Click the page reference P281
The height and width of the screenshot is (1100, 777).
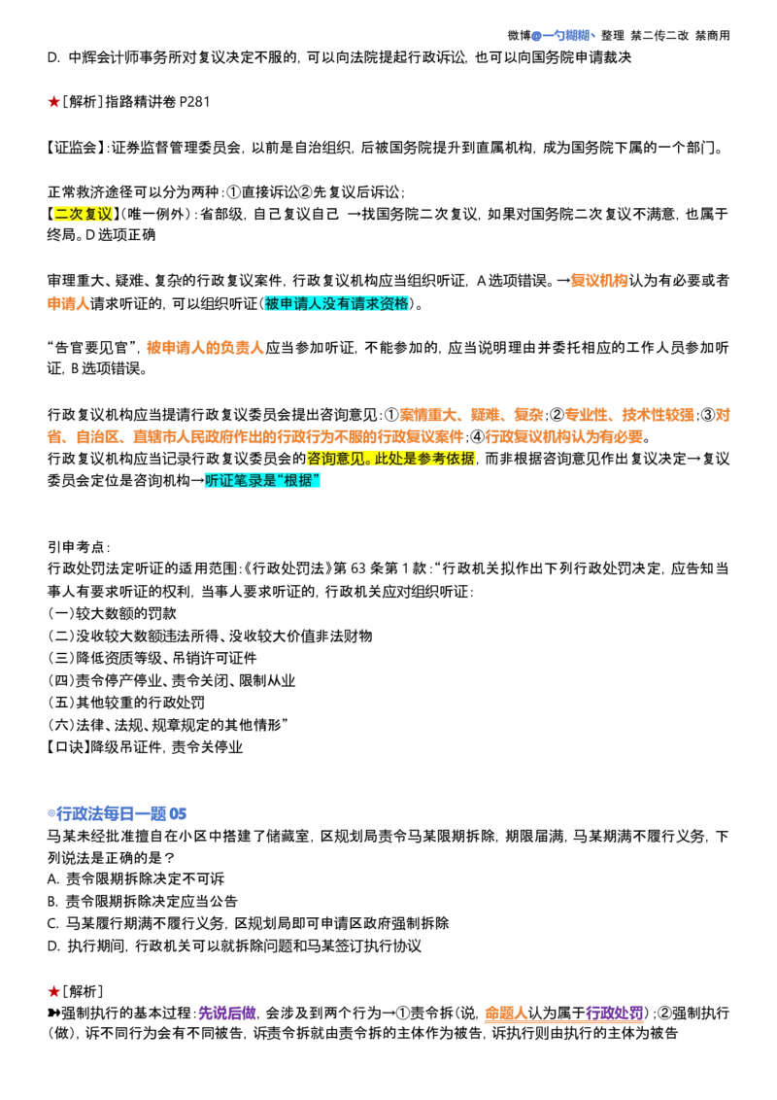(x=194, y=102)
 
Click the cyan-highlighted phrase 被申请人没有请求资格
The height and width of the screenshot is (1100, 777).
(x=337, y=304)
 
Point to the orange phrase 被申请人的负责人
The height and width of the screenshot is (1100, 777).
(x=205, y=348)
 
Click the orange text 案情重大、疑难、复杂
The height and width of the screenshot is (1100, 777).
(x=471, y=415)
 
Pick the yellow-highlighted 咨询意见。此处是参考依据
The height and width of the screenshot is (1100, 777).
(x=390, y=459)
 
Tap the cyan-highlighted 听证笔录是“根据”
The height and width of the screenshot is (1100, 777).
(x=262, y=481)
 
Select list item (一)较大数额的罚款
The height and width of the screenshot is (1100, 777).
(x=112, y=614)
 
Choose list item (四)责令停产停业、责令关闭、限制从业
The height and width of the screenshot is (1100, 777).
(x=171, y=680)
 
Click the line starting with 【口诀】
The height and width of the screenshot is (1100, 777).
(x=144, y=747)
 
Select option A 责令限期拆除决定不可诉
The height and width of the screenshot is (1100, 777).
(x=136, y=879)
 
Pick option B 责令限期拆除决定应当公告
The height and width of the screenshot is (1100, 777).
(x=143, y=902)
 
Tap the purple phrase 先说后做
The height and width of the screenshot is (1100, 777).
(x=227, y=1013)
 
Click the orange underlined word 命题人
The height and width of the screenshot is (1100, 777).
(x=506, y=1013)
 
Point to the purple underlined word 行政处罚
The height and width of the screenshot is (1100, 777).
(x=614, y=1013)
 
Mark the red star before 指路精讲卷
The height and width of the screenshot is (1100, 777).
(x=54, y=102)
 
